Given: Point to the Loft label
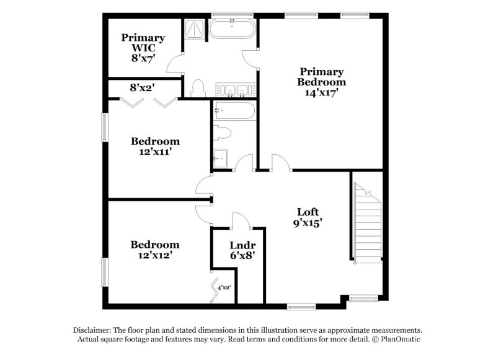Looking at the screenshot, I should [x=308, y=213].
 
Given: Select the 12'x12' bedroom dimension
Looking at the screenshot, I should [x=155, y=255].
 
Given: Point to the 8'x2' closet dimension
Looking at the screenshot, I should [x=142, y=88].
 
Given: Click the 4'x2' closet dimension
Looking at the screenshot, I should [x=224, y=286].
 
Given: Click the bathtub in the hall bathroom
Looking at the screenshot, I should [x=233, y=112].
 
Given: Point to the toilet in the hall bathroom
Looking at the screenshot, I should [x=221, y=132].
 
